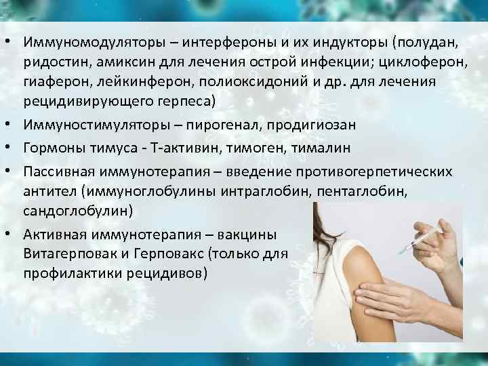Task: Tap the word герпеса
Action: click(182, 101)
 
